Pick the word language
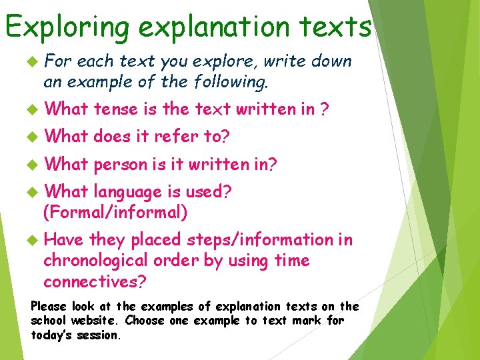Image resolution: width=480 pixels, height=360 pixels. click(x=128, y=192)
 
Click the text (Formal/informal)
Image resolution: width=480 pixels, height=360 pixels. click(x=115, y=213)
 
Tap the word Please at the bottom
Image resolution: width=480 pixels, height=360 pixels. click(x=49, y=307)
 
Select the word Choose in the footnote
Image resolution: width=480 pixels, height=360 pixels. click(x=145, y=321)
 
